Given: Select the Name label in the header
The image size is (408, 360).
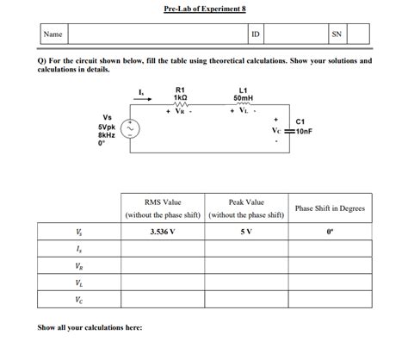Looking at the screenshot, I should (53, 34).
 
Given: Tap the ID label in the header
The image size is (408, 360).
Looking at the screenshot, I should (256, 34).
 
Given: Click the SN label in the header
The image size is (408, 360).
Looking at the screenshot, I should (337, 34).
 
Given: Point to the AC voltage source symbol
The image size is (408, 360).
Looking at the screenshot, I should (132, 129).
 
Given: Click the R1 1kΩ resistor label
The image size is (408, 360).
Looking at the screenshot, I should (180, 94).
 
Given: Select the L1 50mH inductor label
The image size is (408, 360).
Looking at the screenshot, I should (243, 94).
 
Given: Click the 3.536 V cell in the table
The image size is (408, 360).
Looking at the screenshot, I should (162, 232).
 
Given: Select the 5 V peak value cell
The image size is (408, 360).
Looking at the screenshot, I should (246, 232).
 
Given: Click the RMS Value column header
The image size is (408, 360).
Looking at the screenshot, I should (163, 201).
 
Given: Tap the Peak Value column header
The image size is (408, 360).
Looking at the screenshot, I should (246, 201).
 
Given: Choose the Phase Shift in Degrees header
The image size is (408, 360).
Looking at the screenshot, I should (331, 208).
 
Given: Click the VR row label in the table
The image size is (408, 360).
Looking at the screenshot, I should (79, 266).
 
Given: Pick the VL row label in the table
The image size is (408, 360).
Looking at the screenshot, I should (79, 283).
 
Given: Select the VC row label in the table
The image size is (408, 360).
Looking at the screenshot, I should (79, 301).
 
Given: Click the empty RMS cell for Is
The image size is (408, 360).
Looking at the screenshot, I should (162, 249).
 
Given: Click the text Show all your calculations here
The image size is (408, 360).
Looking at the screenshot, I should (90, 327).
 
